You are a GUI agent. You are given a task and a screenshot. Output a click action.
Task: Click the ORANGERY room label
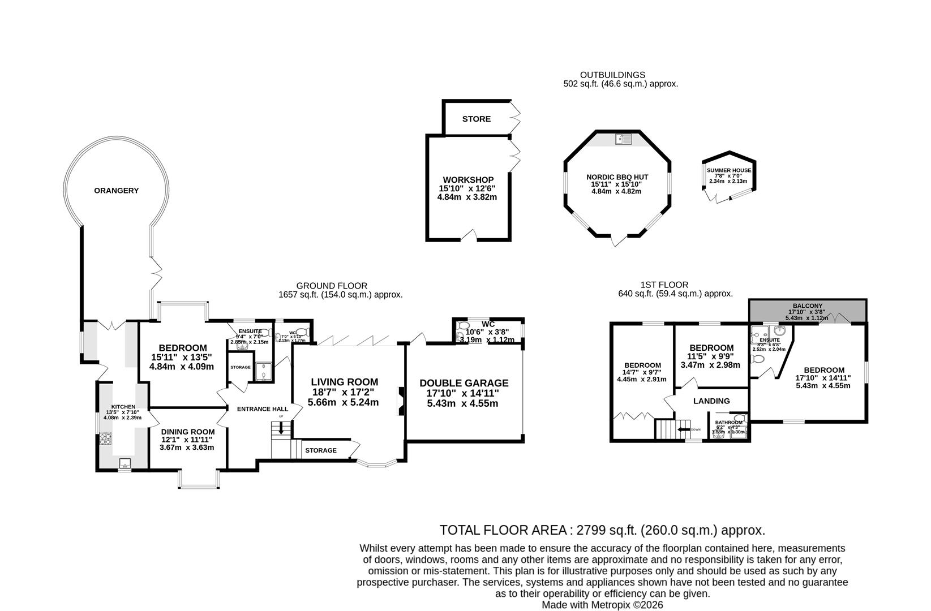116,191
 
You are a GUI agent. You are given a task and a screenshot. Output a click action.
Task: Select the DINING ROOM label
187,432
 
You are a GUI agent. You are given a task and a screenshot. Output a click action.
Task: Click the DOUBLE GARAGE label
464,383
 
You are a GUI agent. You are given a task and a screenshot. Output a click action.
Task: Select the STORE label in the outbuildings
476,119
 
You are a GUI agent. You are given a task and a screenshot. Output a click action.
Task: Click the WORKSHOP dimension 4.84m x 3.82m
467,197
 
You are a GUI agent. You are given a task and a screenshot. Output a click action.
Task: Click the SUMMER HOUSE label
728,170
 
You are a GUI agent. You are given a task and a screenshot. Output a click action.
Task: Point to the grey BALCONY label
806,306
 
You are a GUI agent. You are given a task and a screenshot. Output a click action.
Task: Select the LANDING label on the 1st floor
711,401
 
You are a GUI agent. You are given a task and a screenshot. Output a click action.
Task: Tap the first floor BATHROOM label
728,423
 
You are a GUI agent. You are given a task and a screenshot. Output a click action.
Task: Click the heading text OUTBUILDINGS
612,75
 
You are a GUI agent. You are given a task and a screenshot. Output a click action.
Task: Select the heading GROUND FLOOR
332,286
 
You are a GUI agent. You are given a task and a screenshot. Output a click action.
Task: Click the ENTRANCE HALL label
262,409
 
